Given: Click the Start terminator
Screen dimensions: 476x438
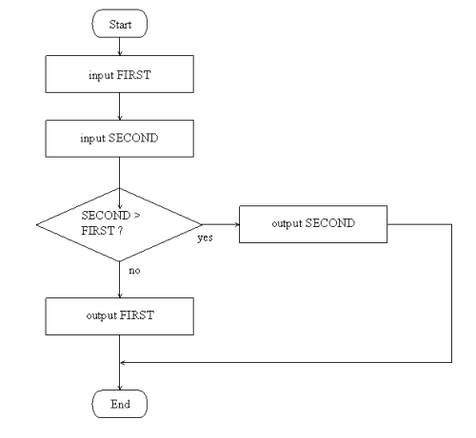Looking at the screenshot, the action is [120, 24].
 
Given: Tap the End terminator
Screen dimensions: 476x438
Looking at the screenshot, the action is [120, 404].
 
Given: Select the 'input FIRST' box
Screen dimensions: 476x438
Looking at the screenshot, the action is [120, 74].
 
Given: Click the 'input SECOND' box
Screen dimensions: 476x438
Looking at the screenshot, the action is [120, 139].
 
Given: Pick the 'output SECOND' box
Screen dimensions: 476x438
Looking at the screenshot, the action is [313, 224].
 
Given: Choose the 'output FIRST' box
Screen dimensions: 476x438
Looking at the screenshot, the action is [120, 316].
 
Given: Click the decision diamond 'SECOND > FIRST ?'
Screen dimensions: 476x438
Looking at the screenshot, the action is [119, 224].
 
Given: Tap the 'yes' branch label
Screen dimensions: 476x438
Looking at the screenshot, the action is [205, 238].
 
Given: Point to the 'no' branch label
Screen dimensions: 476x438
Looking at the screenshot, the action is [134, 271].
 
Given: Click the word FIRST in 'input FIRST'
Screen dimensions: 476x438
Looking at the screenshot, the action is [134, 75].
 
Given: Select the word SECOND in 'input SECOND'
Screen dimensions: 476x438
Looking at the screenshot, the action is [133, 138].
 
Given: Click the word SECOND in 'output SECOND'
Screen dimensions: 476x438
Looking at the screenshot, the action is [330, 223].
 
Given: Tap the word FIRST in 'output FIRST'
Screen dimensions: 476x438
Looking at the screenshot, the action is [137, 315].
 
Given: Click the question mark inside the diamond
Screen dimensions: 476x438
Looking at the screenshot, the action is [120, 231].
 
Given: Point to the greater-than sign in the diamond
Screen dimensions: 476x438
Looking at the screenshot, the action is [137, 216].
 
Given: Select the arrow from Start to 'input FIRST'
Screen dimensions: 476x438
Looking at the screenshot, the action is [120, 47].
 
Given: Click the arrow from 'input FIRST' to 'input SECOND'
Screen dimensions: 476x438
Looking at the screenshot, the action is [120, 106].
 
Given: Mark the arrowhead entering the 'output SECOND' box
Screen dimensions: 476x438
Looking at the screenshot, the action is [237, 224].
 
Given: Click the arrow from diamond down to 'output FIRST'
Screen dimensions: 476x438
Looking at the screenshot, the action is [120, 279].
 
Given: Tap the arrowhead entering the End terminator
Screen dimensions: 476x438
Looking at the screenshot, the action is [120, 388].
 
